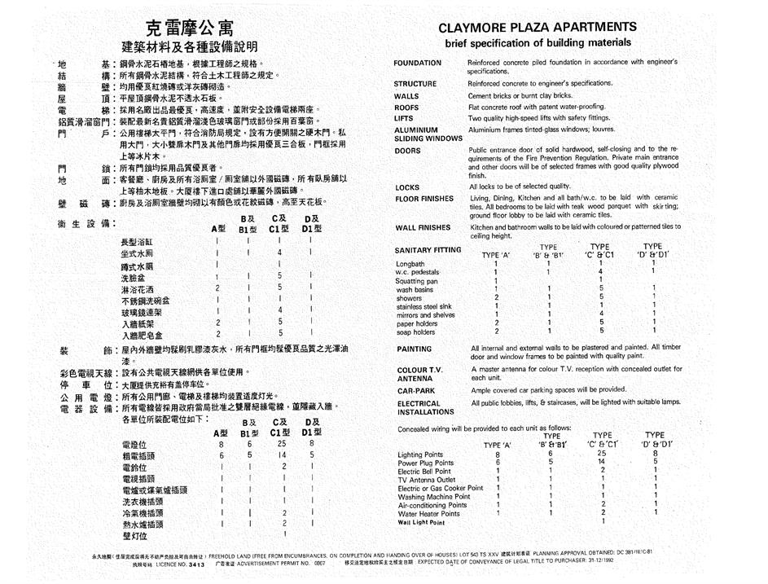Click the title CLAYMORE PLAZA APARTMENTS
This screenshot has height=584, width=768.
click(x=538, y=27)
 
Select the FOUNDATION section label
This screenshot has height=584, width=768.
click(x=418, y=63)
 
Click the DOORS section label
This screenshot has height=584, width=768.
click(x=408, y=151)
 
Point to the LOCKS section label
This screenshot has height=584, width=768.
click(x=407, y=187)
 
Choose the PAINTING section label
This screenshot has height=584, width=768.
click(x=415, y=349)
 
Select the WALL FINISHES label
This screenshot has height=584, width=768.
click(x=423, y=228)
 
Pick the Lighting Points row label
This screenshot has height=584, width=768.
click(x=420, y=454)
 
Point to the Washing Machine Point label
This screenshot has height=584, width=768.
click(x=434, y=496)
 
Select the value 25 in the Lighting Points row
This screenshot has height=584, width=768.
click(x=602, y=453)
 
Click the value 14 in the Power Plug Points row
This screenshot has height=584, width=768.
click(x=602, y=462)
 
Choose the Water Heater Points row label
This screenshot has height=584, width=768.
click(x=429, y=514)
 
